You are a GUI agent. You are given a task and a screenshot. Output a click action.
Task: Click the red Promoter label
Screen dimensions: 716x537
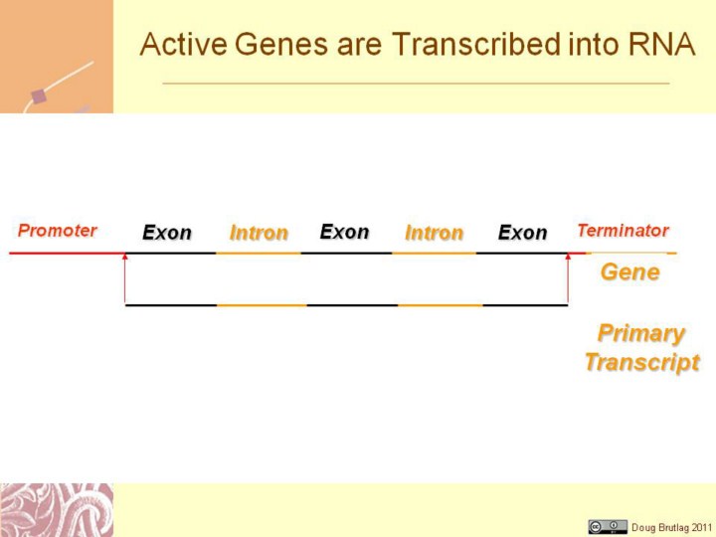pyautogui.click(x=57, y=231)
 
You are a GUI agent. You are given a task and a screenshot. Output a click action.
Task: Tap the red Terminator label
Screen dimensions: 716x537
pyautogui.click(x=624, y=231)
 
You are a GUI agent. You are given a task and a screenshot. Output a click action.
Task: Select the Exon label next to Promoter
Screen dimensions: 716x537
pyautogui.click(x=167, y=233)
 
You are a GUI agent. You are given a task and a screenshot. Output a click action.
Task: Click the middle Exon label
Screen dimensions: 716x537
pyautogui.click(x=344, y=232)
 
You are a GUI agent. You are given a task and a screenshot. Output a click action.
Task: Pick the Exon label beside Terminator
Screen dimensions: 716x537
pyautogui.click(x=522, y=233)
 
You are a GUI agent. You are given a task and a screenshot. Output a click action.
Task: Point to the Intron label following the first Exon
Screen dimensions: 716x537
pyautogui.click(x=259, y=233)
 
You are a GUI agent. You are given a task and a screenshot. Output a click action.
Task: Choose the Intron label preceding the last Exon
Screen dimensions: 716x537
pyautogui.click(x=434, y=233)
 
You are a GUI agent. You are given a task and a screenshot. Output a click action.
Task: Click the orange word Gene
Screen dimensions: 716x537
pyautogui.click(x=630, y=272)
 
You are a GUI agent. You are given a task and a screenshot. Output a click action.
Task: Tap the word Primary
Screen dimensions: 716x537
pyautogui.click(x=641, y=334)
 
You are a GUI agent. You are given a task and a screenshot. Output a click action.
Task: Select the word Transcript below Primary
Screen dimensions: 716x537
pyautogui.click(x=642, y=363)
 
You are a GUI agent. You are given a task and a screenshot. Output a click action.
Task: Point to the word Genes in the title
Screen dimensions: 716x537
pyautogui.click(x=281, y=45)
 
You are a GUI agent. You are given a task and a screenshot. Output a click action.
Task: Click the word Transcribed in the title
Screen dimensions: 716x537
pyautogui.click(x=476, y=45)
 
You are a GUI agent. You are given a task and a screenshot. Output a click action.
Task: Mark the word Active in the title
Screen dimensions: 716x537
pyautogui.click(x=183, y=45)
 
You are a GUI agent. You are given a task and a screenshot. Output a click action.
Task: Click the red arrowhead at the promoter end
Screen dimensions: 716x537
pyautogui.click(x=125, y=258)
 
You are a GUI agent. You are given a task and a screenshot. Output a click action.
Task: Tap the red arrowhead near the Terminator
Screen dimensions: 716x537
pyautogui.click(x=568, y=258)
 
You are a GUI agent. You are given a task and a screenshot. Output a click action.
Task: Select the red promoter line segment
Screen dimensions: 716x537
pyautogui.click(x=68, y=253)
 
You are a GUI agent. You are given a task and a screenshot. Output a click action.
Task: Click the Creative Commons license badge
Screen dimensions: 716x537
pyautogui.click(x=608, y=526)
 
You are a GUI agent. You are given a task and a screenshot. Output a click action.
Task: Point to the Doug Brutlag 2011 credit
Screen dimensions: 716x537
pyautogui.click(x=671, y=527)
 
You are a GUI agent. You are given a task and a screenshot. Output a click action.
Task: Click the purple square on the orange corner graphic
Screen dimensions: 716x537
pyautogui.click(x=39, y=96)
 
